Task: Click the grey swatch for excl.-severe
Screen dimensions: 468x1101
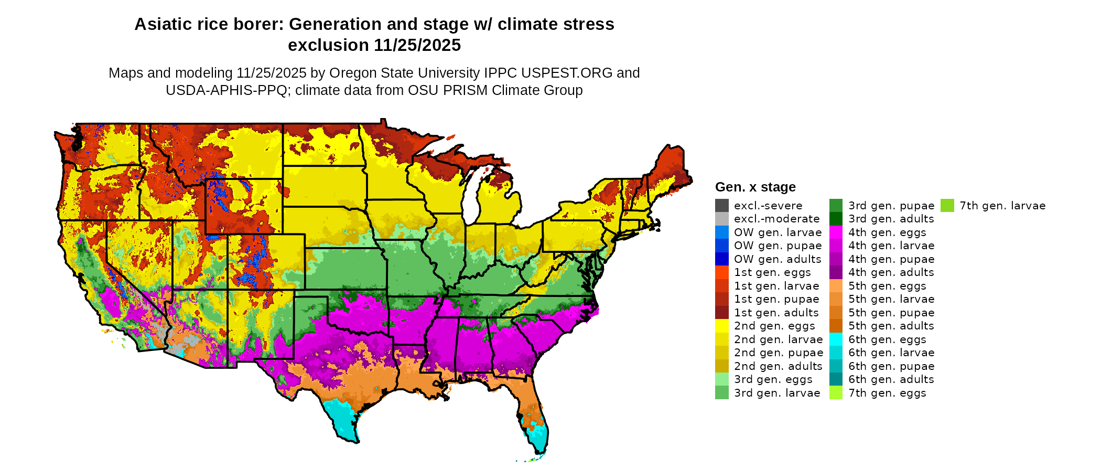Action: (721, 206)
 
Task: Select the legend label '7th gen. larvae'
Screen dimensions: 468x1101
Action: (1002, 206)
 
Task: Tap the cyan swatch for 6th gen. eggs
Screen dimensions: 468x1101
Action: (836, 339)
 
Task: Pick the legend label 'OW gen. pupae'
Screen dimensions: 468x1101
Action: (778, 246)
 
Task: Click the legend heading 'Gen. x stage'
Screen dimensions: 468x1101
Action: (755, 187)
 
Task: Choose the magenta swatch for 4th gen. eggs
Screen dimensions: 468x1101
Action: (836, 232)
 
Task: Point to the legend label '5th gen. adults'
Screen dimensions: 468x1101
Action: (891, 326)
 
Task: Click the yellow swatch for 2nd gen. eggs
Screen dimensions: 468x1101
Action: (721, 326)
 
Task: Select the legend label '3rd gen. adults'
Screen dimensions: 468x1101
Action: (891, 219)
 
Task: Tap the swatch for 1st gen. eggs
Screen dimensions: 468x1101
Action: (721, 272)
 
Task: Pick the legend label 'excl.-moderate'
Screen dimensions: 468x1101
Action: (776, 219)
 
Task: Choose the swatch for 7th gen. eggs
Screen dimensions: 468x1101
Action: (836, 393)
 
